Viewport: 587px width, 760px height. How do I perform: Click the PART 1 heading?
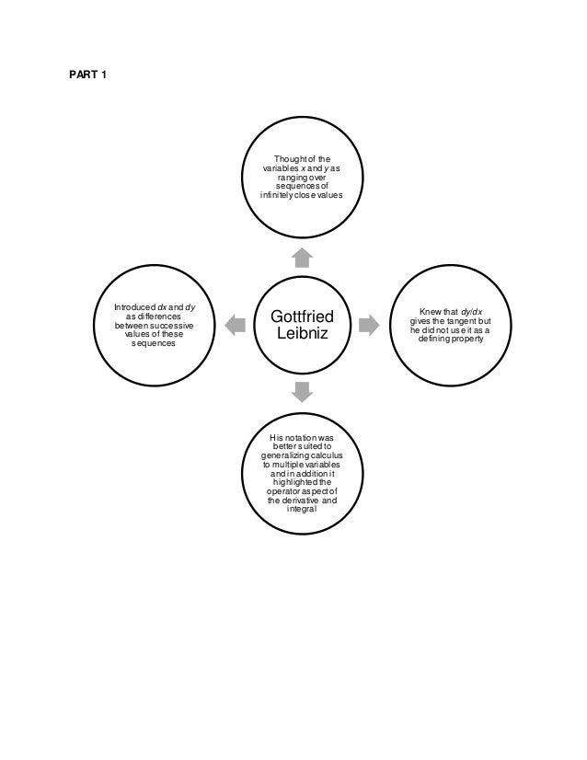88,74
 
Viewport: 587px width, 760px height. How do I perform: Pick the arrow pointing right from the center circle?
368,324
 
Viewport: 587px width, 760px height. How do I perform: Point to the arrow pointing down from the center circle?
300,392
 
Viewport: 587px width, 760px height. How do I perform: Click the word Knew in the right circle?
430,312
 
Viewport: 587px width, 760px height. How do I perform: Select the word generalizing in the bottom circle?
282,455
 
